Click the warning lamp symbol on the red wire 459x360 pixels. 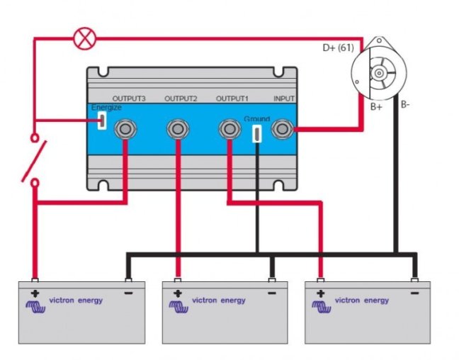(x=84, y=39)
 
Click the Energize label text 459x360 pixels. (x=107, y=108)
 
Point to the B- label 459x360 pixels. (x=405, y=105)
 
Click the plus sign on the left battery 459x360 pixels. (x=34, y=292)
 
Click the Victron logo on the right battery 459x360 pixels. (x=322, y=305)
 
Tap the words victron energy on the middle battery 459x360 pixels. (x=219, y=300)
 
